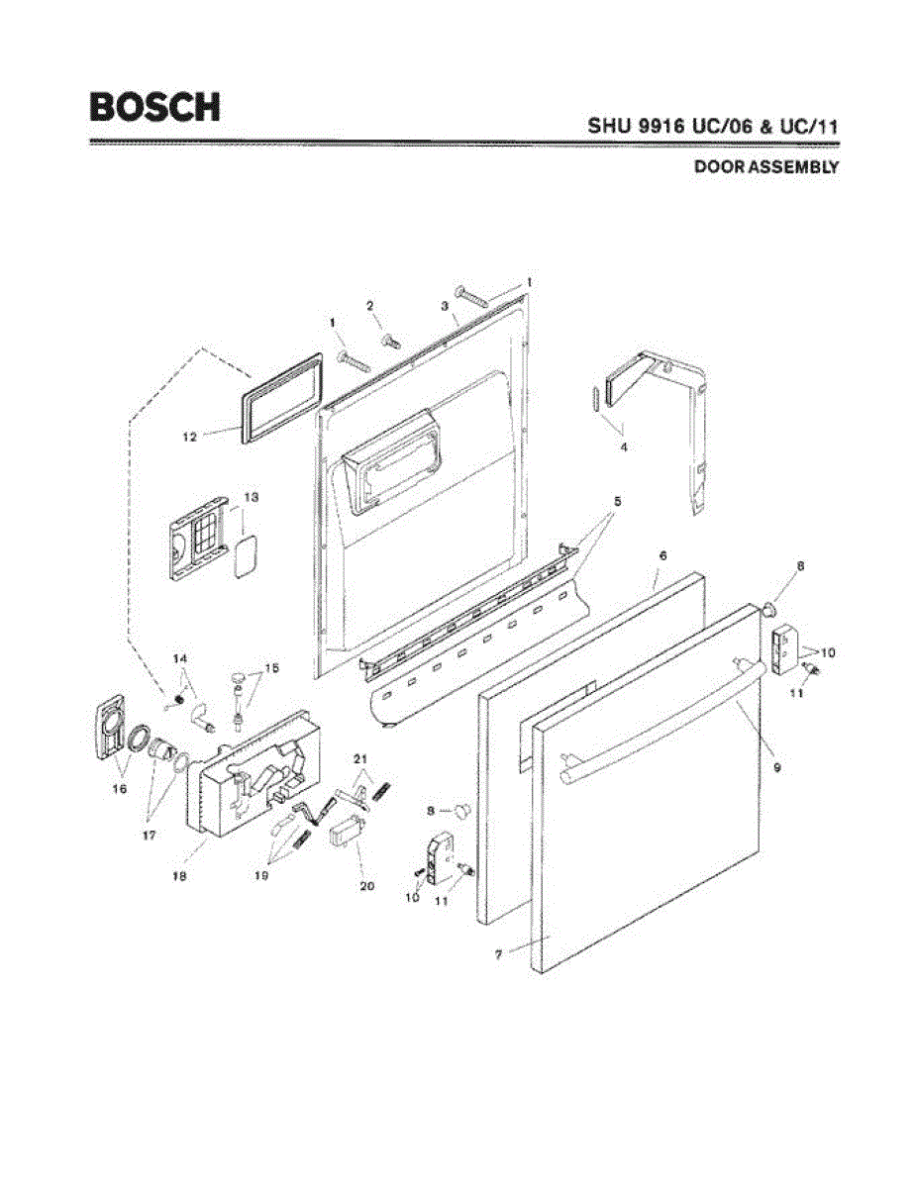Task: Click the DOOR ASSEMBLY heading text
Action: point(765,167)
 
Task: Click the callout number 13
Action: point(251,497)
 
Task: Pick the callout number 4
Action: point(624,447)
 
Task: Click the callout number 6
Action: point(662,556)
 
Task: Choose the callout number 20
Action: point(366,886)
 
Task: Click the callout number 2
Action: point(370,306)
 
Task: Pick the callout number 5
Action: point(617,502)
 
